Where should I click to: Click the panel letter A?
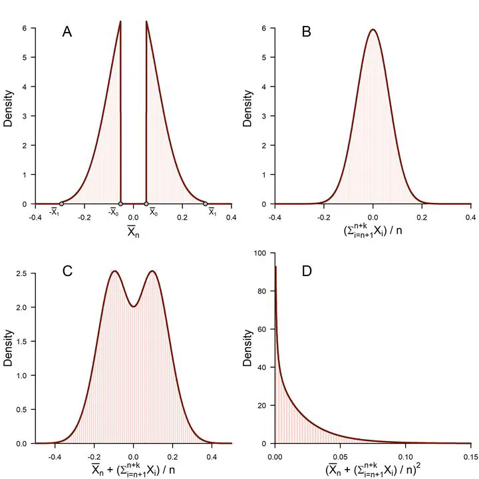67,31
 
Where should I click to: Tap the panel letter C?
67,271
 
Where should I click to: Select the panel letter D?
306,271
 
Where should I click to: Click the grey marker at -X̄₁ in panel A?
61,204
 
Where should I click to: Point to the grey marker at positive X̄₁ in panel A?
205,204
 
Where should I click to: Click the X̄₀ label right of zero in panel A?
154,213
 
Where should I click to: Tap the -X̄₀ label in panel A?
114,213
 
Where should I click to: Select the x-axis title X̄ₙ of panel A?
133,232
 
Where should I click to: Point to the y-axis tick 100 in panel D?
261,253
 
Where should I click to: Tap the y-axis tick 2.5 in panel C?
21,273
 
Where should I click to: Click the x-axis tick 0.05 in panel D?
340,456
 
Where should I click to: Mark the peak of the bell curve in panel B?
373,29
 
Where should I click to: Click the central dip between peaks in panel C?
133,307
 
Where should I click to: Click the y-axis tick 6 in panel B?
264,29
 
